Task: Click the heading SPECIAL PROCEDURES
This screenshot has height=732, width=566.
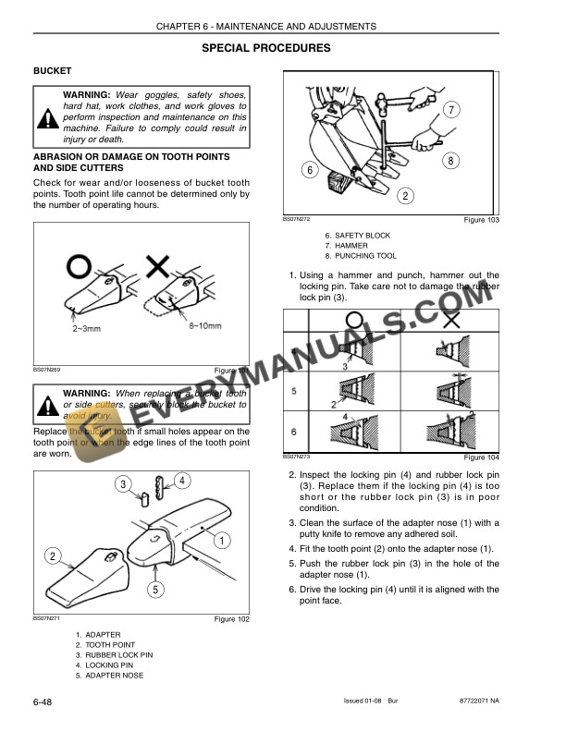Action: click(x=265, y=48)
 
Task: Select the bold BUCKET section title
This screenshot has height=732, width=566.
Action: click(x=53, y=71)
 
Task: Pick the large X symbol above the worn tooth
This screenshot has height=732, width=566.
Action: click(x=158, y=269)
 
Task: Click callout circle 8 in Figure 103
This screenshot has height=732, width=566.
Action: click(x=450, y=160)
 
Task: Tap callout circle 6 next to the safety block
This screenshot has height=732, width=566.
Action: click(x=310, y=170)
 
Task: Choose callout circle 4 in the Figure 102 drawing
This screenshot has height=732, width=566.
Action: click(x=182, y=480)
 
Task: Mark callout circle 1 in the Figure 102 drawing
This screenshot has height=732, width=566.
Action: click(x=224, y=540)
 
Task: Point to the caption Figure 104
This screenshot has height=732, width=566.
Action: click(x=481, y=458)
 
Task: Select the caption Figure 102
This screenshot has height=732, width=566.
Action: click(x=231, y=619)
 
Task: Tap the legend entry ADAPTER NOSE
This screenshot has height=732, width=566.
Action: click(x=114, y=675)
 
